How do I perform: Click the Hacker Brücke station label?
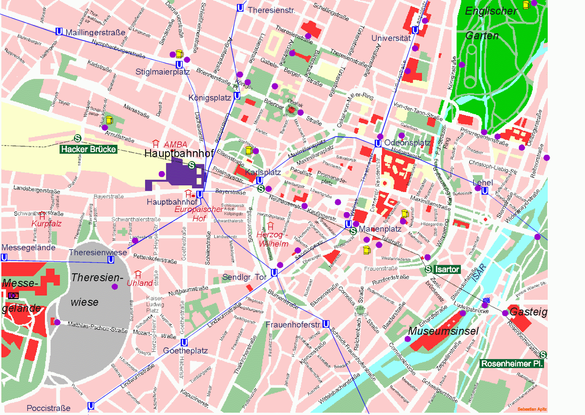(x=88, y=149)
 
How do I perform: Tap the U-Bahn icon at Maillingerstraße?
(x=59, y=31)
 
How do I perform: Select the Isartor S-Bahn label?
(x=447, y=269)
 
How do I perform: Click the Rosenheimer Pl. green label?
(x=511, y=363)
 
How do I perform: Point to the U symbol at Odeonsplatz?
(x=378, y=143)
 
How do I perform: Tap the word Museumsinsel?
(x=443, y=331)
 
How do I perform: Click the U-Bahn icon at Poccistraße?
(x=91, y=406)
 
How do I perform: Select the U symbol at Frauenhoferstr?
(x=326, y=324)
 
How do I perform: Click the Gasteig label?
(x=528, y=312)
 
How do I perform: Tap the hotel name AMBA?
(x=175, y=144)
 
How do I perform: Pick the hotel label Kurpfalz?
(x=46, y=223)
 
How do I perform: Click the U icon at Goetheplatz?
(x=184, y=343)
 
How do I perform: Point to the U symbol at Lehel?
(x=485, y=190)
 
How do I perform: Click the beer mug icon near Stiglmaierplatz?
(x=180, y=54)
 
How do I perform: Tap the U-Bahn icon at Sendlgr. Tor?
(x=274, y=273)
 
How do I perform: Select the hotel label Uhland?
(x=140, y=283)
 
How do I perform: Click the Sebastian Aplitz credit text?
(x=532, y=409)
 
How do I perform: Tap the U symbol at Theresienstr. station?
(x=240, y=8)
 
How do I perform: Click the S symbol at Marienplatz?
(x=353, y=231)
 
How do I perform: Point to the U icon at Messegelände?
(x=4, y=257)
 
